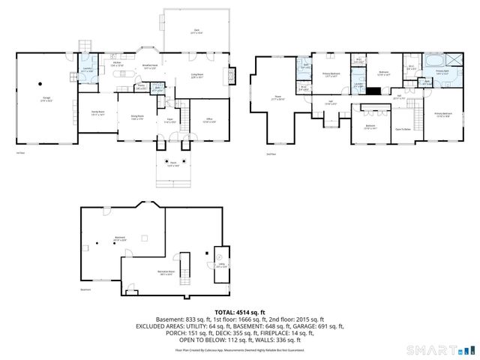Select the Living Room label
198,76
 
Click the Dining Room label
137,116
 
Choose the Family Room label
97,115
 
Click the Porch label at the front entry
173,165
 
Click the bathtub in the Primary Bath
436,60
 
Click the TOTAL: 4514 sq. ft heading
240,311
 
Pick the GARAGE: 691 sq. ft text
314,327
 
